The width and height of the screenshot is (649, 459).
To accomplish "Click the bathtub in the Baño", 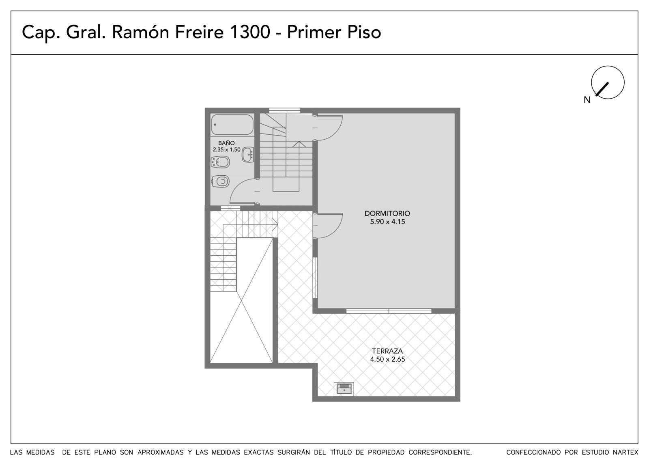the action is click(232, 125).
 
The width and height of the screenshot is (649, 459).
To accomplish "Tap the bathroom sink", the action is click(248, 155).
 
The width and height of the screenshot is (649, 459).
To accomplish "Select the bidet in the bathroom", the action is click(220, 162).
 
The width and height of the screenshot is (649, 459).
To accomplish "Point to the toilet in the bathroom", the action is click(221, 182).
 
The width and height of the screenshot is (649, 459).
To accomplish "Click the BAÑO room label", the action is click(227, 143).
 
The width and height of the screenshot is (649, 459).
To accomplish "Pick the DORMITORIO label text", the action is click(387, 213).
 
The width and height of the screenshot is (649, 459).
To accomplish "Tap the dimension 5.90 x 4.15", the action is click(387, 222).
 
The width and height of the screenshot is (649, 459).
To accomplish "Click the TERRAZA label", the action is click(387, 351).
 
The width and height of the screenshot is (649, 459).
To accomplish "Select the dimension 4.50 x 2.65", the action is click(387, 359).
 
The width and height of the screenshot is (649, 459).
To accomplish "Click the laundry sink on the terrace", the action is click(344, 389).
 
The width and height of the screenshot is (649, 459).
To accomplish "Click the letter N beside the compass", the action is click(587, 100).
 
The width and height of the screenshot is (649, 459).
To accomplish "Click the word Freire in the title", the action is click(199, 32).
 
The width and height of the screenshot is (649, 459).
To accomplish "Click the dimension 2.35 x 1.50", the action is click(227, 150).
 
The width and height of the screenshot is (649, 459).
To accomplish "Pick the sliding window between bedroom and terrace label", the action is click(389, 311).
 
